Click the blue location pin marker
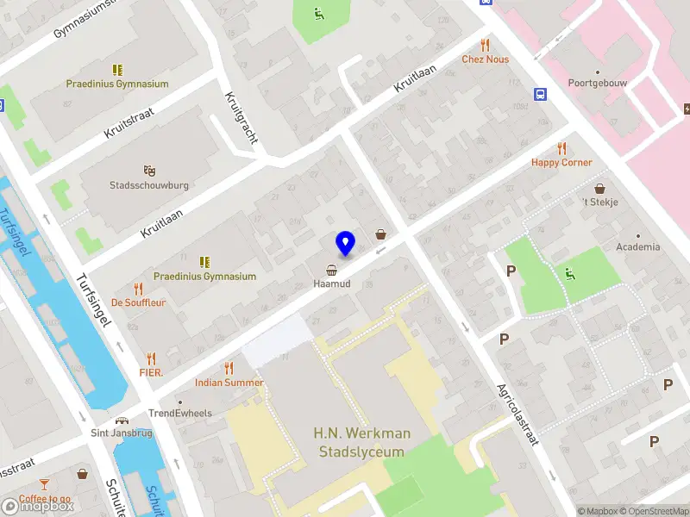tap(345, 243)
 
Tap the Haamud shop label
tap(331, 283)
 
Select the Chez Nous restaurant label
tap(485, 59)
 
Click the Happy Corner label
tap(561, 162)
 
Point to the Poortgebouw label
tap(596, 84)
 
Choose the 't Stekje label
tap(599, 202)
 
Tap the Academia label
tap(638, 246)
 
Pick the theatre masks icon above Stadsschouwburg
tap(148, 171)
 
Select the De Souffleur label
tap(138, 302)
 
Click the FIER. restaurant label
tap(151, 372)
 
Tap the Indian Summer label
tap(229, 382)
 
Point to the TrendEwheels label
tap(179, 413)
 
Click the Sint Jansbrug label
tap(122, 433)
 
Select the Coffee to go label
tap(46, 499)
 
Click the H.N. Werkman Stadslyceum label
tap(361, 441)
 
